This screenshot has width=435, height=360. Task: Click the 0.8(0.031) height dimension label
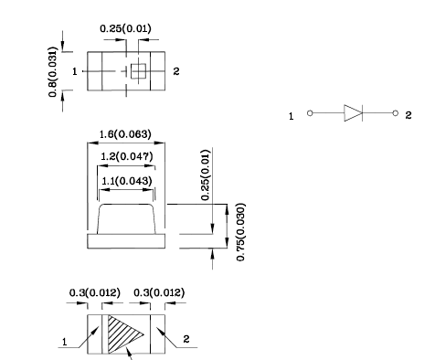pyautogui.click(x=53, y=72)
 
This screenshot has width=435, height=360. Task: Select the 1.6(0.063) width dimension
pyautogui.click(x=125, y=134)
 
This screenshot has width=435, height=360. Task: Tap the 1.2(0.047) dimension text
pyautogui.click(x=126, y=156)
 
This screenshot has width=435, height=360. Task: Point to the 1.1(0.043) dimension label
pyautogui.click(x=126, y=181)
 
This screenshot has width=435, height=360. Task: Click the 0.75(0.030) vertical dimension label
pyautogui.click(x=240, y=232)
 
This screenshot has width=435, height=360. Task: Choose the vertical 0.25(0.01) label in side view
pyautogui.click(x=206, y=175)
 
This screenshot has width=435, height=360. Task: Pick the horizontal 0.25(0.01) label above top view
pyautogui.click(x=125, y=28)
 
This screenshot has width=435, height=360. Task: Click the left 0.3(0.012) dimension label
pyautogui.click(x=95, y=293)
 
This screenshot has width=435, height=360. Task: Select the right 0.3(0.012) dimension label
pyautogui.click(x=159, y=293)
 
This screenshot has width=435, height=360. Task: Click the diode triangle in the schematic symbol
pyautogui.click(x=353, y=113)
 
